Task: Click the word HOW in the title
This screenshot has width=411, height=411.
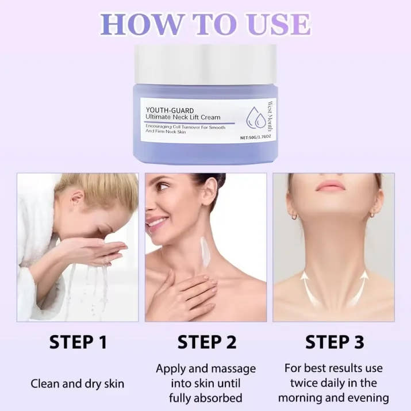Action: click(x=141, y=24)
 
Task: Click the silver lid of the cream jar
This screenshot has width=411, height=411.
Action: click(x=206, y=64)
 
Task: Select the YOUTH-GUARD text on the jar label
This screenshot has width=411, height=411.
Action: click(x=170, y=110)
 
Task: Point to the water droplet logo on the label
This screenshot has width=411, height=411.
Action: click(x=256, y=117)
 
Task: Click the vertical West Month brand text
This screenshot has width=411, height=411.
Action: click(x=270, y=116)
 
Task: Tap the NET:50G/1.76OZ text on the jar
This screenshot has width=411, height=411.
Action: click(x=255, y=137)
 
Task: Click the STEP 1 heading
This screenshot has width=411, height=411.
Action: click(x=78, y=342)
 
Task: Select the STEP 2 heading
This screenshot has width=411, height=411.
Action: click(x=207, y=342)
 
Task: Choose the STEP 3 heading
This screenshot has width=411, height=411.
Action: click(x=335, y=342)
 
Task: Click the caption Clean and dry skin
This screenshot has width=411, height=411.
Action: click(x=78, y=384)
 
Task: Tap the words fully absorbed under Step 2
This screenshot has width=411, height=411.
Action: click(x=206, y=398)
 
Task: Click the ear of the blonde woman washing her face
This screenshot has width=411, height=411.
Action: click(x=77, y=198)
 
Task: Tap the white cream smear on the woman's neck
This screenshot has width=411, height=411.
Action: click(x=205, y=252)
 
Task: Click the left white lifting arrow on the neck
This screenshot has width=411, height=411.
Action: click(x=309, y=289)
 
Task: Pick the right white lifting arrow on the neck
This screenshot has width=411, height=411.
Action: click(x=358, y=288)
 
